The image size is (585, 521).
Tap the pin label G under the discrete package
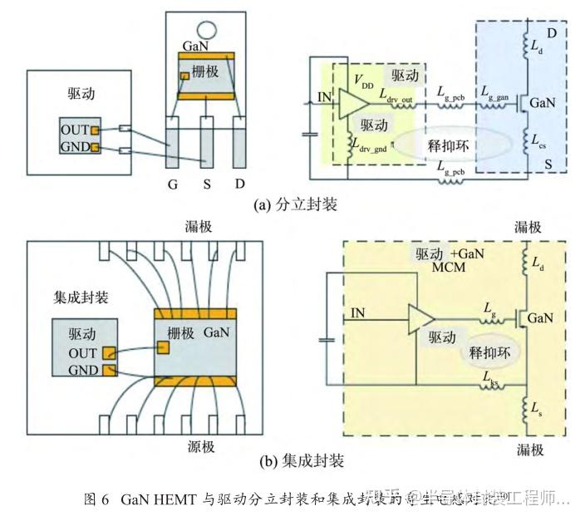click(x=173, y=184)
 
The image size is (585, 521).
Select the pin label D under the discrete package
click(x=240, y=184)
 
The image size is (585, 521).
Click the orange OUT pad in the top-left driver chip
click(x=95, y=131)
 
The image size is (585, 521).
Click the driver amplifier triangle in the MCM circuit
click(x=420, y=315)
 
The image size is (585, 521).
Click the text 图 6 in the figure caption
click(x=98, y=500)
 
